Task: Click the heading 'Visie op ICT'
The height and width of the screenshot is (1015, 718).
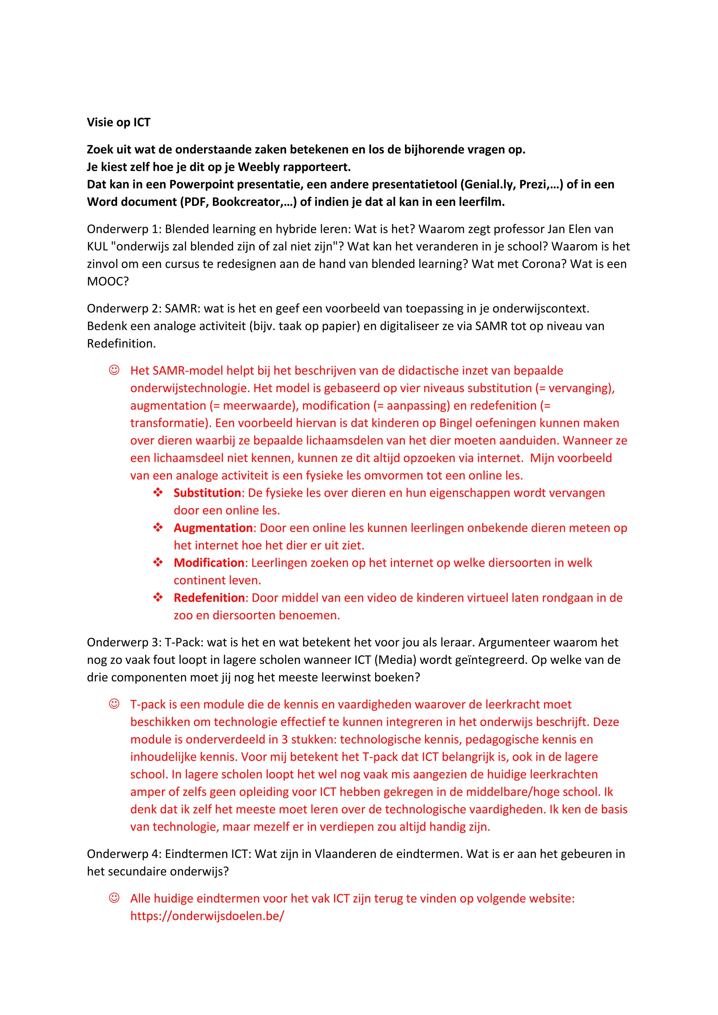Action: pos(118,122)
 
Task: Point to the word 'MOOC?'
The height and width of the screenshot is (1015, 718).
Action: pos(107,281)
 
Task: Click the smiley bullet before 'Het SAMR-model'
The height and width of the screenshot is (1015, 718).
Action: pos(114,370)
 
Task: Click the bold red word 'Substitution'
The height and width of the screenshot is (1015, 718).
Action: pos(207,493)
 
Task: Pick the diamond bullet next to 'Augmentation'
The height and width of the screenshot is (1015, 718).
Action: pos(158,527)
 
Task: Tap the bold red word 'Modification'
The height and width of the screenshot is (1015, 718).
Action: pos(209,563)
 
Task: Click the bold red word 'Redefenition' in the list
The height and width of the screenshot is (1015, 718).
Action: pos(209,598)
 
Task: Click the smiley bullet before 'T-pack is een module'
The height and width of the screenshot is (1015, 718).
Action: pos(114,704)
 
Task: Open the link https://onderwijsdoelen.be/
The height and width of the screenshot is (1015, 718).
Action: pos(207,915)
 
